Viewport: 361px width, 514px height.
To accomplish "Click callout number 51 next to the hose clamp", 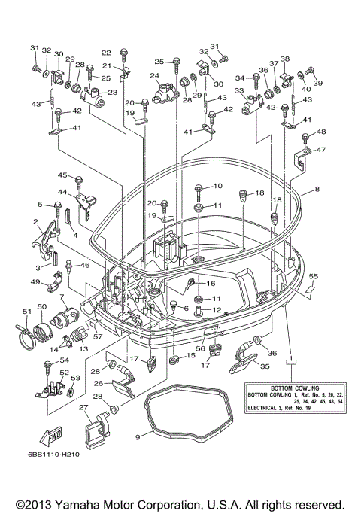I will [26, 310].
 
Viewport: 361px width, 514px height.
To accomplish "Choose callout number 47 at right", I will [321, 150].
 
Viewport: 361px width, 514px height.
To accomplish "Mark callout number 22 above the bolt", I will [106, 53].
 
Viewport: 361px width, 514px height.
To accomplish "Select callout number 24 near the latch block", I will [154, 76].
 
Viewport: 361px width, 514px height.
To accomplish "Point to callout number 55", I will [314, 277].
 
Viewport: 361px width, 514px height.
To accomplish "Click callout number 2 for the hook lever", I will [35, 221].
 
